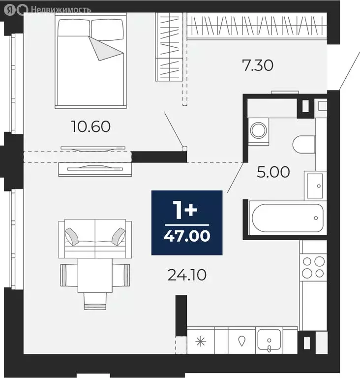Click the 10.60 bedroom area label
pyautogui.click(x=91, y=126)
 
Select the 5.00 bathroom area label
pyautogui.click(x=274, y=172)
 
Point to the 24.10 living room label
pyautogui.click(x=186, y=274)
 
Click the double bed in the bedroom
pyautogui.click(x=92, y=62)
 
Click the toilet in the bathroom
pyautogui.click(x=303, y=145)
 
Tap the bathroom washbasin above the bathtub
pyautogui.click(x=314, y=185)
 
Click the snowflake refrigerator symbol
pyautogui.click(x=201, y=341)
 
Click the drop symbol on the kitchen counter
pyautogui.click(x=241, y=341)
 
